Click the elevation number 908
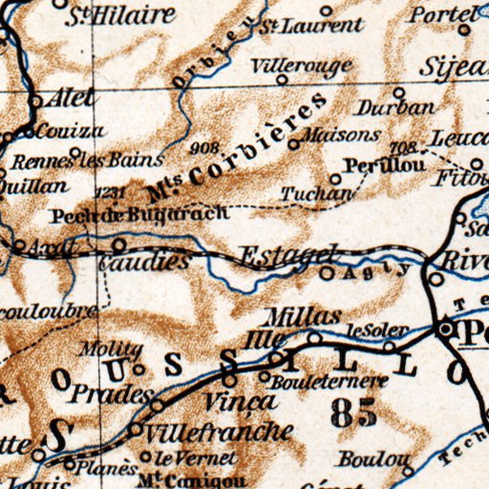point(204,148)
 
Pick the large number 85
point(352,413)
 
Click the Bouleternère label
point(330,381)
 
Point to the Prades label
point(113,393)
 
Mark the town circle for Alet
point(36,100)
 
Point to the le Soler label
point(370,330)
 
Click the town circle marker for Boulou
point(408,471)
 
